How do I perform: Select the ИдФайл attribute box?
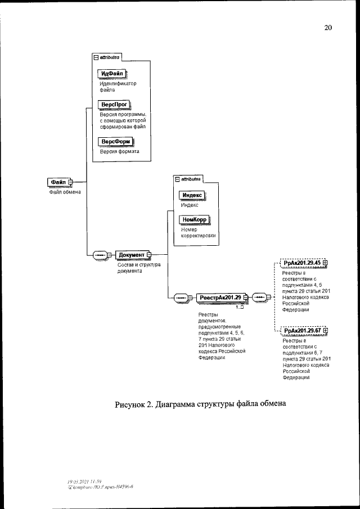(x=112, y=74)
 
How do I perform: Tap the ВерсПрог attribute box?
(x=114, y=105)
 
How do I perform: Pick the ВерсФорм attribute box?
(x=114, y=141)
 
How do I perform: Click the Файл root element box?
(x=57, y=182)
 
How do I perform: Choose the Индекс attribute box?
(x=191, y=195)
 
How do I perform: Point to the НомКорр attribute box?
(x=193, y=220)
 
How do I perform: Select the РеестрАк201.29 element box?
(x=219, y=297)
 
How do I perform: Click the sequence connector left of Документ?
(x=101, y=255)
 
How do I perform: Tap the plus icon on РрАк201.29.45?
(x=325, y=263)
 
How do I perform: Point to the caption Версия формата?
(x=116, y=151)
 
